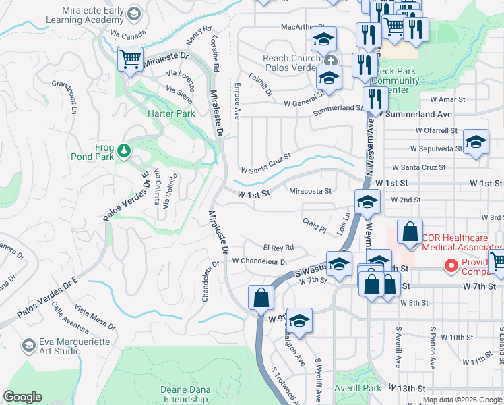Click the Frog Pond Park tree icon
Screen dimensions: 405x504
[x=123, y=151]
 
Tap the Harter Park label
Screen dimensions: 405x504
[x=171, y=113]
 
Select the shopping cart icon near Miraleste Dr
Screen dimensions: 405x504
[x=130, y=59]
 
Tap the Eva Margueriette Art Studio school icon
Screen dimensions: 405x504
[x=28, y=346]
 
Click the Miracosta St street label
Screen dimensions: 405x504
[x=310, y=191]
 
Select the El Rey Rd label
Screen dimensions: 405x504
[x=278, y=248]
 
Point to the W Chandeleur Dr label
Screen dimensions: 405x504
[x=260, y=261]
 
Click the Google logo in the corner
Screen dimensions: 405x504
[x=23, y=397]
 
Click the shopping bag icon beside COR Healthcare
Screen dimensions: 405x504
[x=410, y=232]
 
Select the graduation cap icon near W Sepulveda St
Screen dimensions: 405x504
[x=476, y=142]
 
